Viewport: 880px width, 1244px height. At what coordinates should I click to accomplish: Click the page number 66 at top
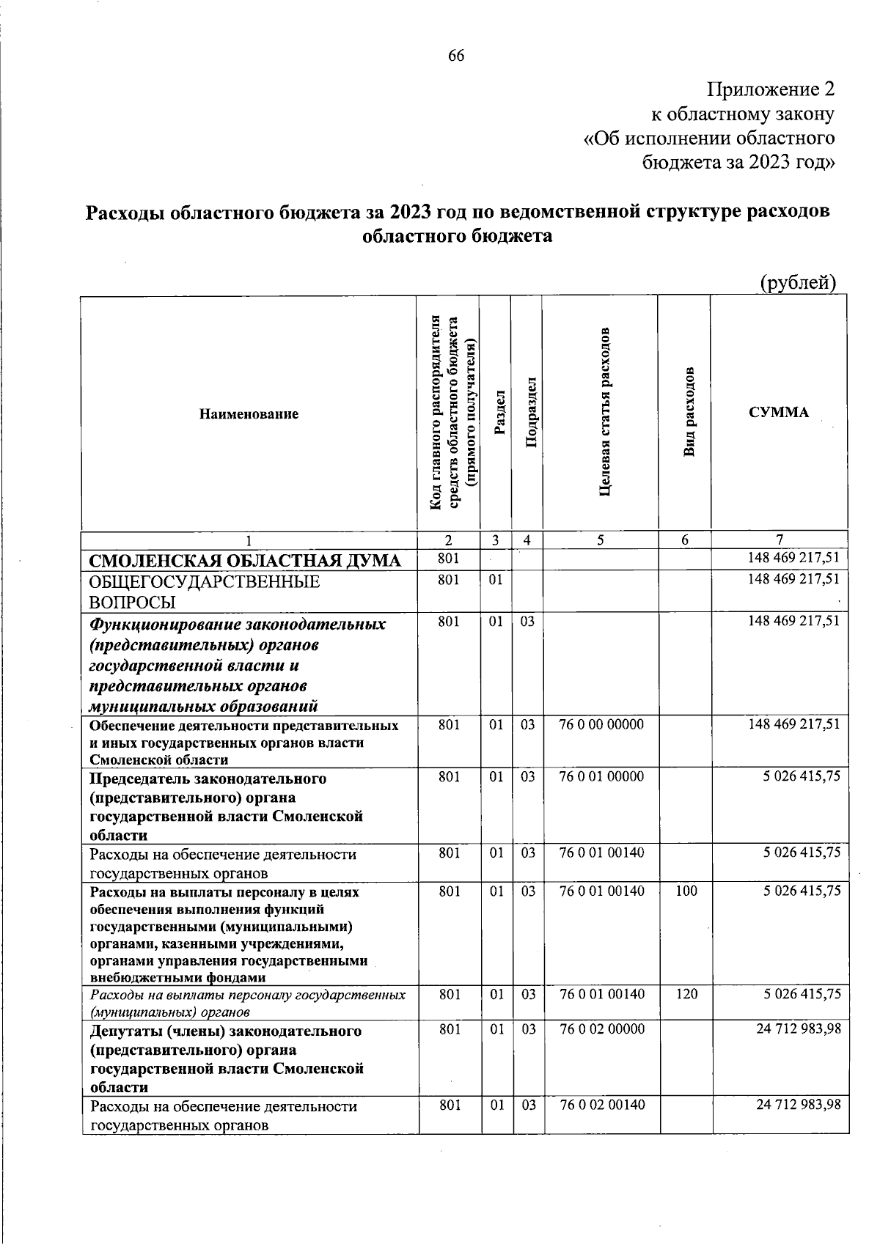[456, 56]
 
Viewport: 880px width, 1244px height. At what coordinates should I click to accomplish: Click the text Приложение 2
[771, 90]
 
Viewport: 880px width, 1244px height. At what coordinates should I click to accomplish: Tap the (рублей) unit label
[798, 282]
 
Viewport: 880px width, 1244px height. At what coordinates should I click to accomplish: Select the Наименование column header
[249, 414]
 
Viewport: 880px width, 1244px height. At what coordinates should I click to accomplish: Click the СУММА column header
[779, 412]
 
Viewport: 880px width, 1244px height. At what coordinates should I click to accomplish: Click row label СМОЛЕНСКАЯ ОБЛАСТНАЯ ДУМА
[245, 562]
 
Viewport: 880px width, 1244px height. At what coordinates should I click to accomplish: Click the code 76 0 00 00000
[601, 725]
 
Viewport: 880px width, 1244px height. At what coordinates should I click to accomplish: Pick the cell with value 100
[686, 891]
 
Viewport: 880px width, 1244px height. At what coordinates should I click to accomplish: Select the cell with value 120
[686, 995]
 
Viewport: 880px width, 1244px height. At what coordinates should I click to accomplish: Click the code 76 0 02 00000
[602, 1029]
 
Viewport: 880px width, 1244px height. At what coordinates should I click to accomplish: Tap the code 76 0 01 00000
[601, 776]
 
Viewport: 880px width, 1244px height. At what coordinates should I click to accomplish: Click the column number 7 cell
[780, 540]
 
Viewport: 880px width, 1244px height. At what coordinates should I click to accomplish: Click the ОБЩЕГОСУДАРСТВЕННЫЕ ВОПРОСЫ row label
[205, 592]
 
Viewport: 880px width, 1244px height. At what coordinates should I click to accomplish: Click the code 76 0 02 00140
[602, 1105]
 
